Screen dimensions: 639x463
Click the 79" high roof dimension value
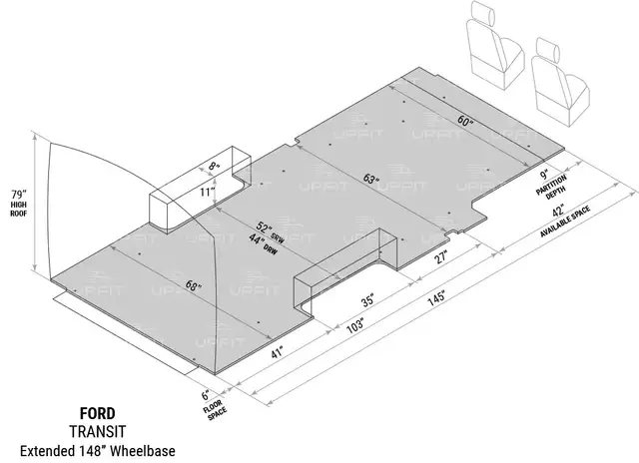[18, 193]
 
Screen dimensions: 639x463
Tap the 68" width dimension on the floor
[193, 285]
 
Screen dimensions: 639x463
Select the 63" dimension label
[370, 179]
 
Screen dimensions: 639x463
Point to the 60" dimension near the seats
[464, 121]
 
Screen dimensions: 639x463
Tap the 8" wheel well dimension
[214, 166]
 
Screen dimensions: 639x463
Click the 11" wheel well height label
[207, 192]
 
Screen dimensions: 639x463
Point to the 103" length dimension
[354, 326]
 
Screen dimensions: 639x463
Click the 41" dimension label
[277, 352]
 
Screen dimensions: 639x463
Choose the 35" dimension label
[367, 300]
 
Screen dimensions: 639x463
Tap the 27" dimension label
[441, 257]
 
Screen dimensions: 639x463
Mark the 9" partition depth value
[544, 176]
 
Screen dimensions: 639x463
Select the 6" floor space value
[206, 395]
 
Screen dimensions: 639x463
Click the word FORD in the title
[98, 414]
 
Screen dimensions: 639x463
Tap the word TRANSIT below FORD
[98, 432]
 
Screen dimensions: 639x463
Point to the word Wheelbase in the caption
[143, 451]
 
